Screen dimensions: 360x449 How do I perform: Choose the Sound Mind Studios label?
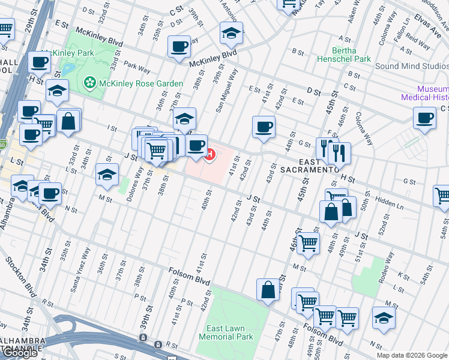(x=412, y=66)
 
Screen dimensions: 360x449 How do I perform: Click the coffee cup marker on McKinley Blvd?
(x=179, y=46)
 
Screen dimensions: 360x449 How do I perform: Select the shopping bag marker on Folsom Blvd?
(x=268, y=290)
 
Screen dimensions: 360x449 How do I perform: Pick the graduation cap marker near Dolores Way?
(x=107, y=175)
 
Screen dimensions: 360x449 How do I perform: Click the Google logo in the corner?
(x=21, y=353)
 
